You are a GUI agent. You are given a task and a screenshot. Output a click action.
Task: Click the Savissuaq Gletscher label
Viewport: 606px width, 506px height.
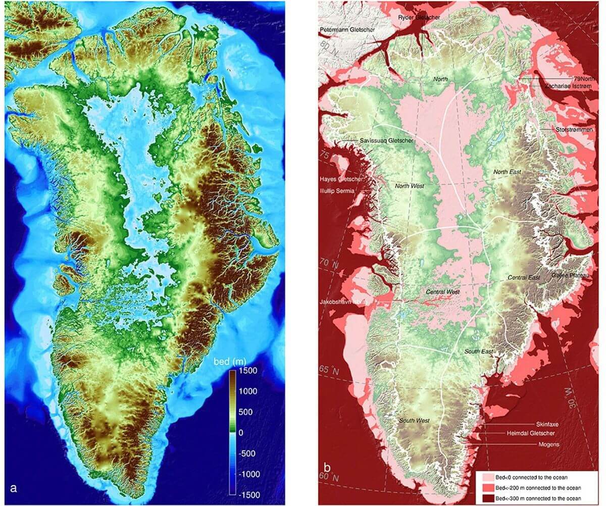[387, 140]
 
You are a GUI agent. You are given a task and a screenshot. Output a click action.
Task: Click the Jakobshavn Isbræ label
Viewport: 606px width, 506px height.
[345, 302]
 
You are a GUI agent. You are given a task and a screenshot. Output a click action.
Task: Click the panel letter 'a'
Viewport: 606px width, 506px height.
[13, 488]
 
